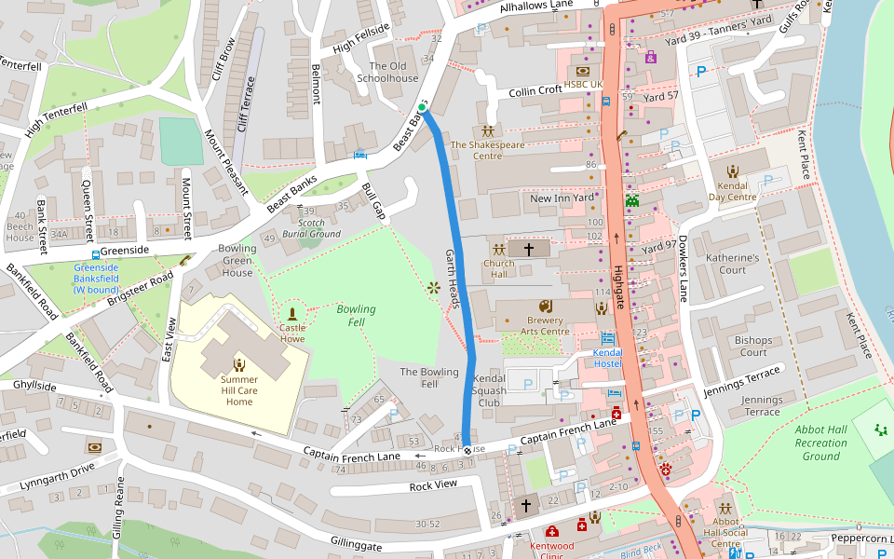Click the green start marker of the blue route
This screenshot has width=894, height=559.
tap(422, 108)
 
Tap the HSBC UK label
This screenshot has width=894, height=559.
tap(584, 84)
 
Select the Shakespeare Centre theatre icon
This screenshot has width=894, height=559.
tap(487, 131)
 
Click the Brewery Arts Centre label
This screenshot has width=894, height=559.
tap(533, 326)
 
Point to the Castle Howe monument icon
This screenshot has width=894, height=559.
tap(292, 314)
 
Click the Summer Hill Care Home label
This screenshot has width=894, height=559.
tap(238, 390)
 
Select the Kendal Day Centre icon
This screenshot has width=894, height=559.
tap(733, 170)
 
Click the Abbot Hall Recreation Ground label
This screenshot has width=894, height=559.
tap(820, 443)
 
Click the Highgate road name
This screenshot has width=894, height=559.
tap(621, 285)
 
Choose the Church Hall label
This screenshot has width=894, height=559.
tap(498, 269)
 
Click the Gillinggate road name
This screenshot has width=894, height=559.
tap(356, 542)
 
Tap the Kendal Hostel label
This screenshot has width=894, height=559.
tap(607, 358)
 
